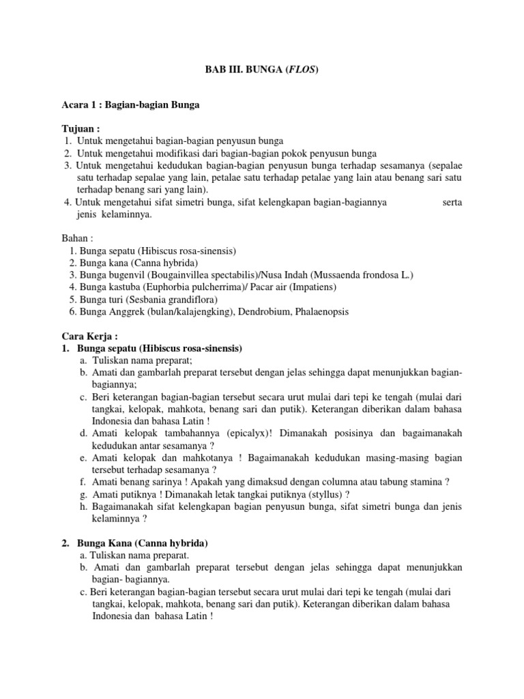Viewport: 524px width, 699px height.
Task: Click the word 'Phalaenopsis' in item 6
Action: pos(322,311)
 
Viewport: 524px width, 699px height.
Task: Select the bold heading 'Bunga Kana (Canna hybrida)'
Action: pos(143,543)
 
